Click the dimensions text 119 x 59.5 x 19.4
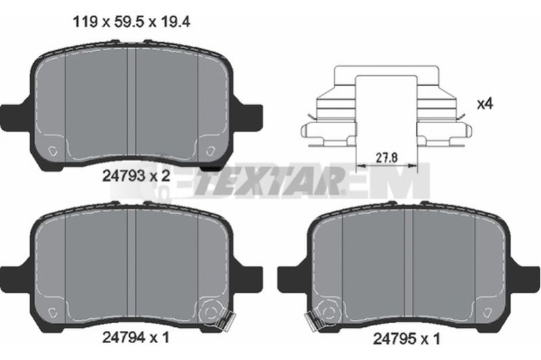131,23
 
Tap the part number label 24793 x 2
137,177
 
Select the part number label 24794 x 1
136,337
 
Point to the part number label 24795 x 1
407,339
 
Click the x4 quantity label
485,104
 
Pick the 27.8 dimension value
387,158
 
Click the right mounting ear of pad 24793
250,117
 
